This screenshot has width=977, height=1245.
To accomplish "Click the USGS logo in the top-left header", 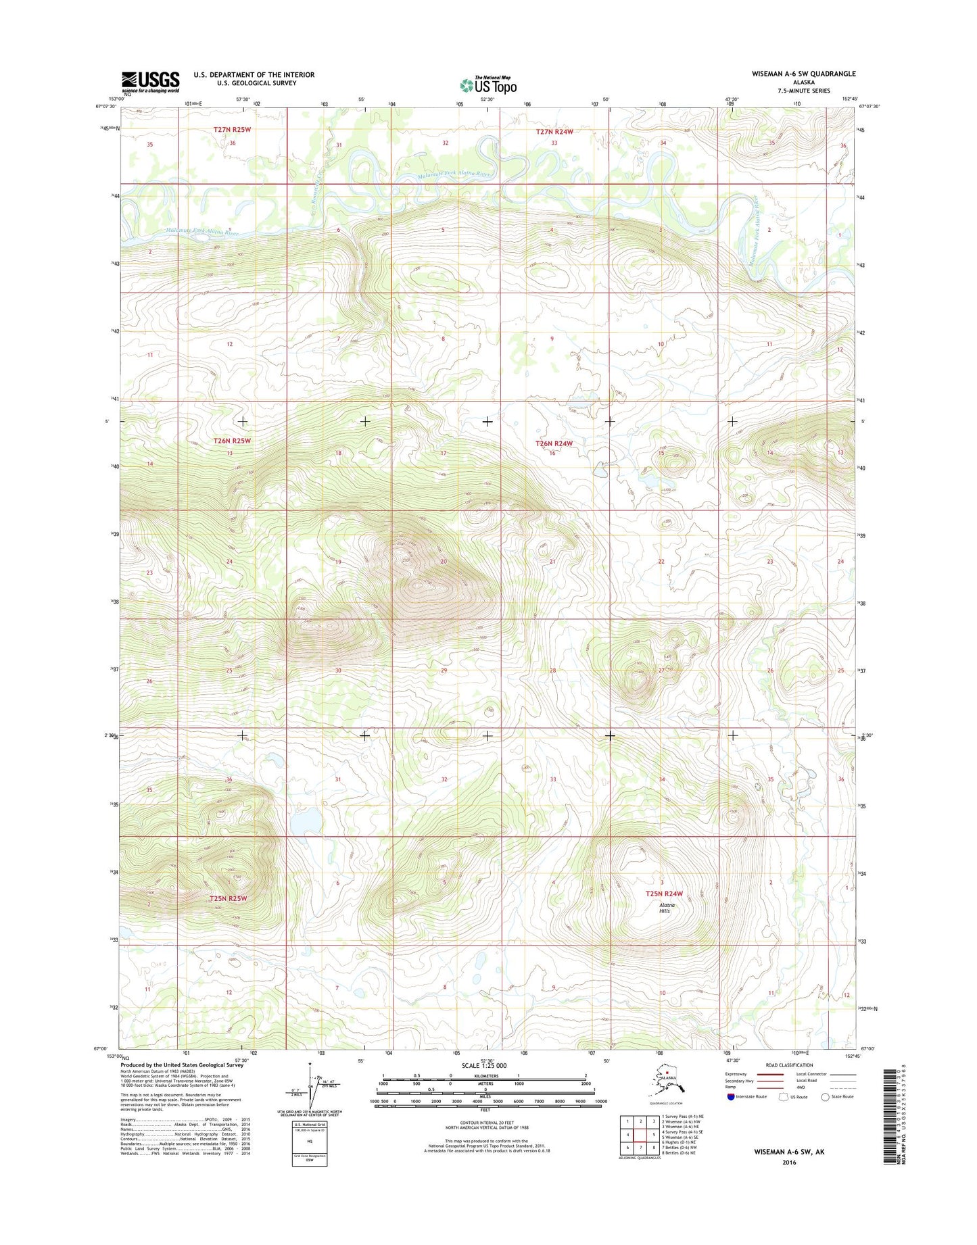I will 150,82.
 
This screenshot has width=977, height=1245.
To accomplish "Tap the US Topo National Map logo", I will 489,84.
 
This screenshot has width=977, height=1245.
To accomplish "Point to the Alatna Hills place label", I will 666,908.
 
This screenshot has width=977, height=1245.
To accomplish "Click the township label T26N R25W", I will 232,441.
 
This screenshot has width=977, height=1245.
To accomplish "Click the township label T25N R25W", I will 228,898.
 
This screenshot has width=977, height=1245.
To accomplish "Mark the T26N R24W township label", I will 554,443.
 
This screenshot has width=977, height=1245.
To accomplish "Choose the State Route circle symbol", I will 825,1096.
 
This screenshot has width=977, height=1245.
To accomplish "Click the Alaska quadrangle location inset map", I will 666,1081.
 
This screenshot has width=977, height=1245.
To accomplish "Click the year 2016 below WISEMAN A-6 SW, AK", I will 788,1163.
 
